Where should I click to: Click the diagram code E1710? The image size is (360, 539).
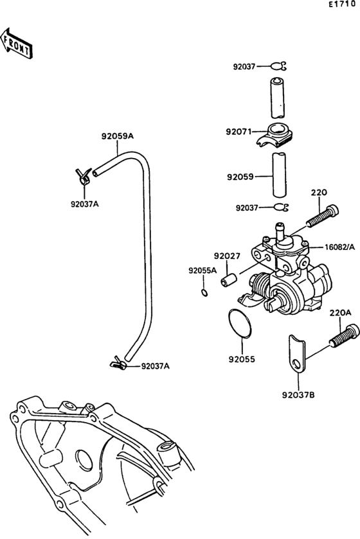[341, 4]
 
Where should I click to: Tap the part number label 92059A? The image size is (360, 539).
[117, 136]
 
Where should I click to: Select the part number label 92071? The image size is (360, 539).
[239, 131]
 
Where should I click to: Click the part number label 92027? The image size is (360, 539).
[227, 255]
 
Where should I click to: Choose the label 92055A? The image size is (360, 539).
[202, 270]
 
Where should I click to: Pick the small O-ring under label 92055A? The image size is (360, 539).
[203, 293]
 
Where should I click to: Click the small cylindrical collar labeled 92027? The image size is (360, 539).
[229, 281]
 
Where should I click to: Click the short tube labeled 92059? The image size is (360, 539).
[280, 174]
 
